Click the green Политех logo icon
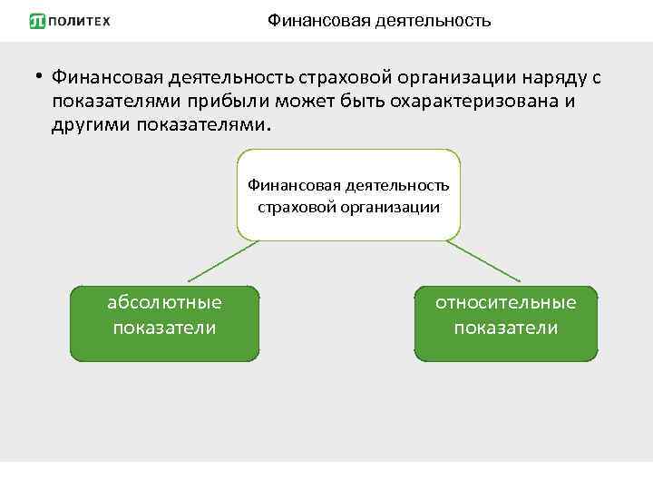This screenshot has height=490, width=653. point(37,21)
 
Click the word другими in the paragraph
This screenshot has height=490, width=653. point(92,123)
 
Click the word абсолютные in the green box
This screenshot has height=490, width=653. point(164,302)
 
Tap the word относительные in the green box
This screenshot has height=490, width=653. point(505,302)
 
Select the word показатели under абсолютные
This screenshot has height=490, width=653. point(164,327)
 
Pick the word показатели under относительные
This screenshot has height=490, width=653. point(505,327)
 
